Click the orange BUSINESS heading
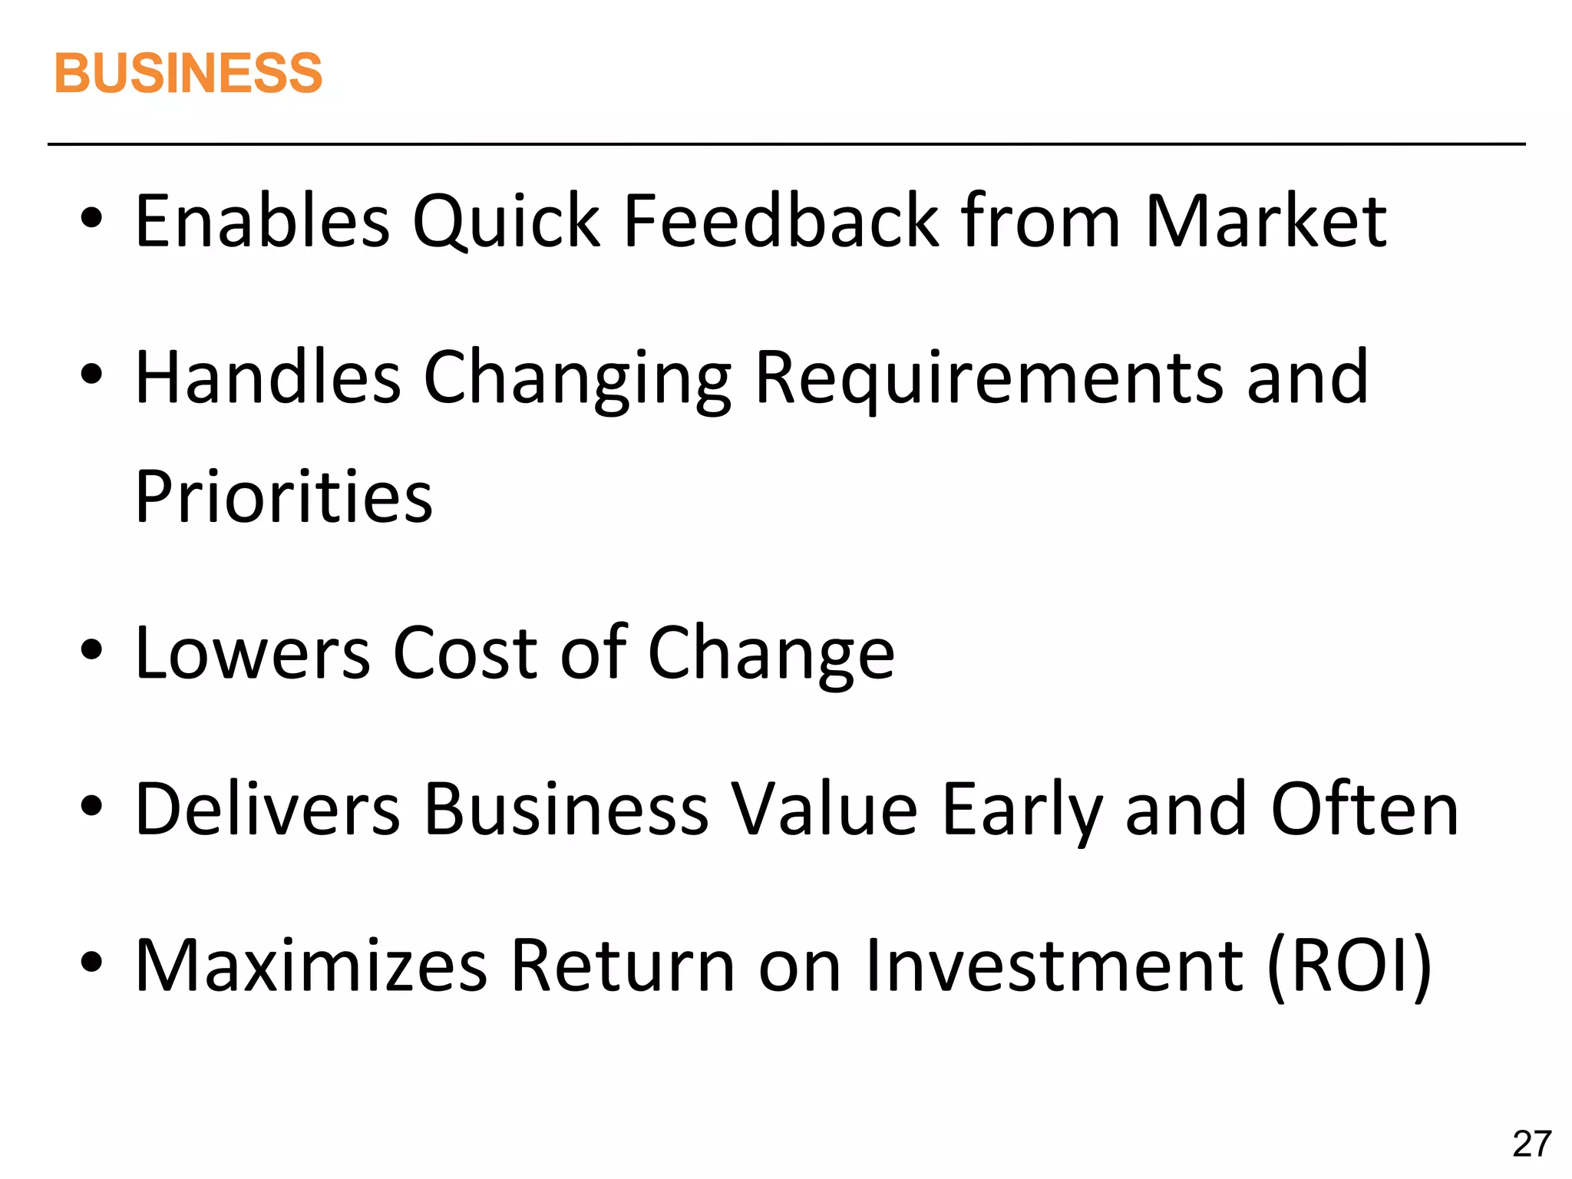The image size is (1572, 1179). (188, 74)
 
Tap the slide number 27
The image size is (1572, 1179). (1532, 1144)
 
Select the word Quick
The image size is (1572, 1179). (506, 223)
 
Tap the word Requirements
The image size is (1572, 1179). (989, 378)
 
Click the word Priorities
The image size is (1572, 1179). (284, 497)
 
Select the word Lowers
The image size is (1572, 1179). (253, 653)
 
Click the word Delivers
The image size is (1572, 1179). (268, 809)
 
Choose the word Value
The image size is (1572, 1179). (824, 809)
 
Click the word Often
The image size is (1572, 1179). (1365, 809)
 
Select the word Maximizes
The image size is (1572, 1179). (311, 965)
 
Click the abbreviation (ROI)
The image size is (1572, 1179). (1349, 966)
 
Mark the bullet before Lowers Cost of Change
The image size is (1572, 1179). (91, 652)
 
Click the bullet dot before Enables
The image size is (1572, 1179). (91, 220)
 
